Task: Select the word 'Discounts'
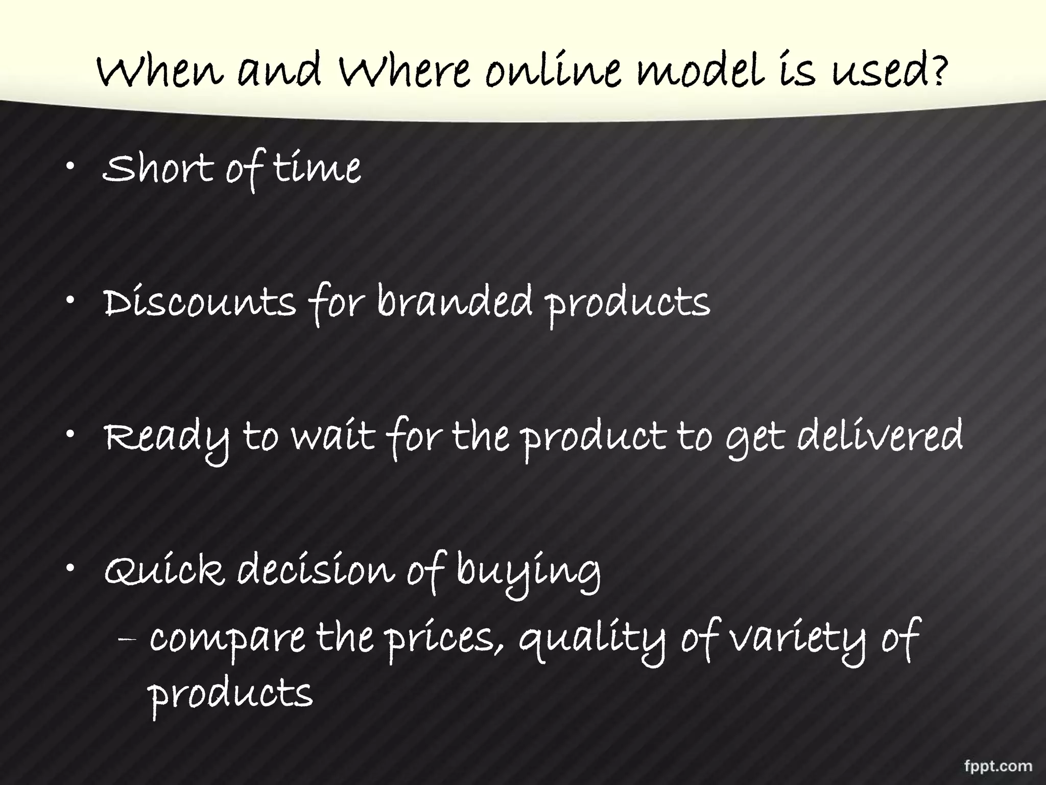click(200, 303)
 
